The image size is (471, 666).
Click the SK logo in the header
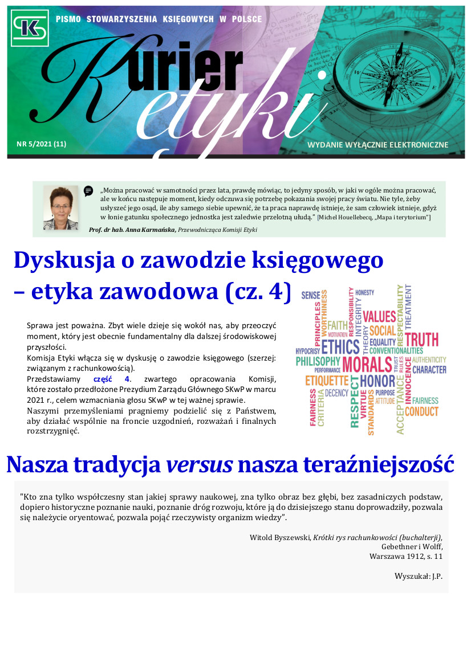tap(30, 28)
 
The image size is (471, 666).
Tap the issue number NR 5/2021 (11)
tap(41, 144)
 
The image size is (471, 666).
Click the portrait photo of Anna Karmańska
tap(60, 207)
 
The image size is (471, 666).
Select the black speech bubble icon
tap(88, 191)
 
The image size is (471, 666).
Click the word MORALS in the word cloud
tap(367, 365)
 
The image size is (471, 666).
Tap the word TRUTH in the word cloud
tap(421, 340)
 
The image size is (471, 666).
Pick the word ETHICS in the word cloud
tap(340, 347)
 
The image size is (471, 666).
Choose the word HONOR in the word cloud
tap(377, 381)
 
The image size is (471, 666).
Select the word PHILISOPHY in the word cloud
tap(318, 361)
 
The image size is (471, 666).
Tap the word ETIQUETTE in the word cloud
tap(327, 381)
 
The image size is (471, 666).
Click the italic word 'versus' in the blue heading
tap(199, 465)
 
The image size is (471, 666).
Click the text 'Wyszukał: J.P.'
tap(418, 576)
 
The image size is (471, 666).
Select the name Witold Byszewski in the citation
tap(280, 537)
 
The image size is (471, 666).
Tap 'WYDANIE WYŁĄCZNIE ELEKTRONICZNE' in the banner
tap(377, 145)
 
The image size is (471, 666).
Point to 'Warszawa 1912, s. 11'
tap(405, 556)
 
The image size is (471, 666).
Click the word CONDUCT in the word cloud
tap(421, 411)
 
